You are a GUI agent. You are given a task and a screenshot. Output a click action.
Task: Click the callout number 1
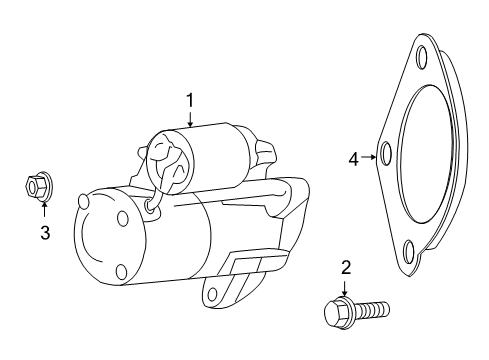tap(190, 101)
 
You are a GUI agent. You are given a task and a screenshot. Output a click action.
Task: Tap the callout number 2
tap(346, 268)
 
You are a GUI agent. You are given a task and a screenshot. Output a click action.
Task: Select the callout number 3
tap(45, 233)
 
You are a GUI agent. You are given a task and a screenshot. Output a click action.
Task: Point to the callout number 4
tap(354, 159)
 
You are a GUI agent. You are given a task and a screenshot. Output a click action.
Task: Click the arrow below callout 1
tap(190, 119)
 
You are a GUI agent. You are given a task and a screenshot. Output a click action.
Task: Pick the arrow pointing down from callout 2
tap(344, 289)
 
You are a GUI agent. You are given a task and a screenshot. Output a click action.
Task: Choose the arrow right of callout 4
tap(369, 157)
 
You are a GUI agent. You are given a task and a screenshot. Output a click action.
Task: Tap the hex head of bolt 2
tap(336, 312)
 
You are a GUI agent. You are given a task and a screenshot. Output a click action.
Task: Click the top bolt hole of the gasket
tap(422, 58)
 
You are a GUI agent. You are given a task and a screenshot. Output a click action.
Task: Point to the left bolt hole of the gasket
tap(386, 153)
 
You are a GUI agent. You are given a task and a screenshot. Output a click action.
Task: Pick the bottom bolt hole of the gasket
tap(409, 253)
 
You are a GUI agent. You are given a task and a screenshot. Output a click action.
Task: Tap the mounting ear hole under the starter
tap(212, 294)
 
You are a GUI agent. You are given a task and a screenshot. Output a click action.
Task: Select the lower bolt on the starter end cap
tap(122, 272)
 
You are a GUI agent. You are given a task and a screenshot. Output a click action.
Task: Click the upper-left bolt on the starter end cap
tap(82, 202)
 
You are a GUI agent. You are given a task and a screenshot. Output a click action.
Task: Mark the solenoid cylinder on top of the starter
tap(197, 160)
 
